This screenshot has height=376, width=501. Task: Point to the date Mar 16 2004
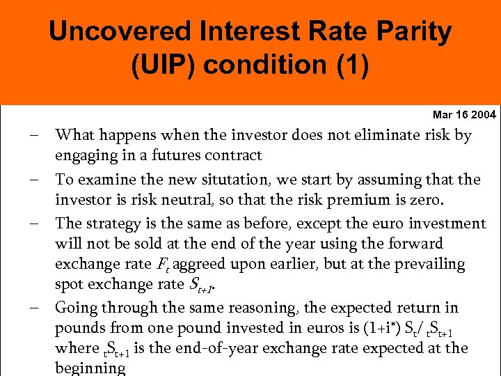(x=464, y=114)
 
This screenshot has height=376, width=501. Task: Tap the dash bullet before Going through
(x=34, y=308)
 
